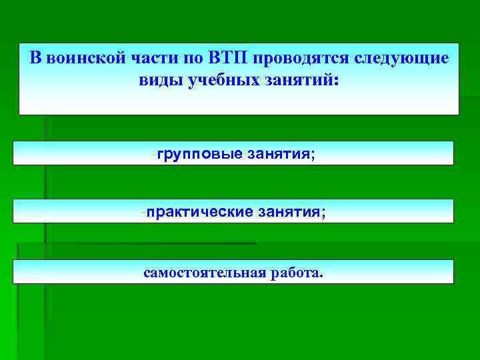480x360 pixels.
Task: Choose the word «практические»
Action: click(200, 212)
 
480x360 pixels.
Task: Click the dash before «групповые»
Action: click(154, 154)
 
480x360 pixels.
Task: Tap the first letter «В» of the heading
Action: click(35, 57)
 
